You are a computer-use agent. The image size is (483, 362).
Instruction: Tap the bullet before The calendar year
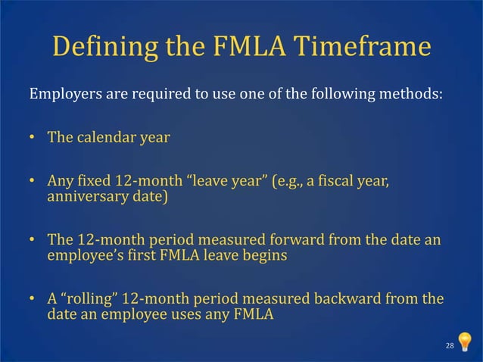tap(33, 139)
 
